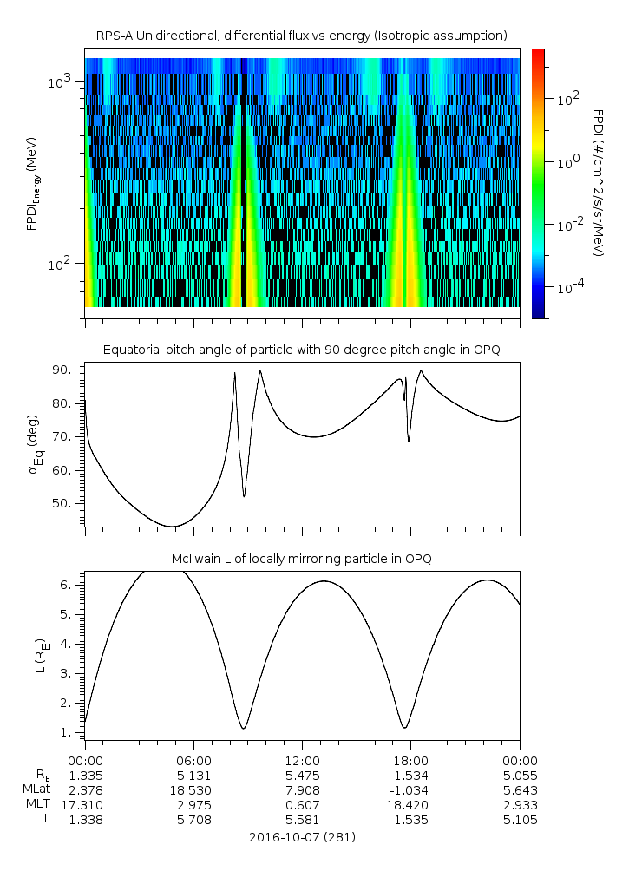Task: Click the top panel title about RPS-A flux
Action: point(302,36)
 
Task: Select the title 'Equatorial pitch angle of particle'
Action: point(302,350)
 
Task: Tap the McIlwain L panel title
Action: point(302,558)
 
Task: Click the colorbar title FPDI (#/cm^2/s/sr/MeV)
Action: point(599,182)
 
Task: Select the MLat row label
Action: point(39,789)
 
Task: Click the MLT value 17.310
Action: point(85,804)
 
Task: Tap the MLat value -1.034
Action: point(410,789)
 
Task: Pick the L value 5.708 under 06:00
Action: point(193,819)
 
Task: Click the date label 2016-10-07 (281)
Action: point(302,837)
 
